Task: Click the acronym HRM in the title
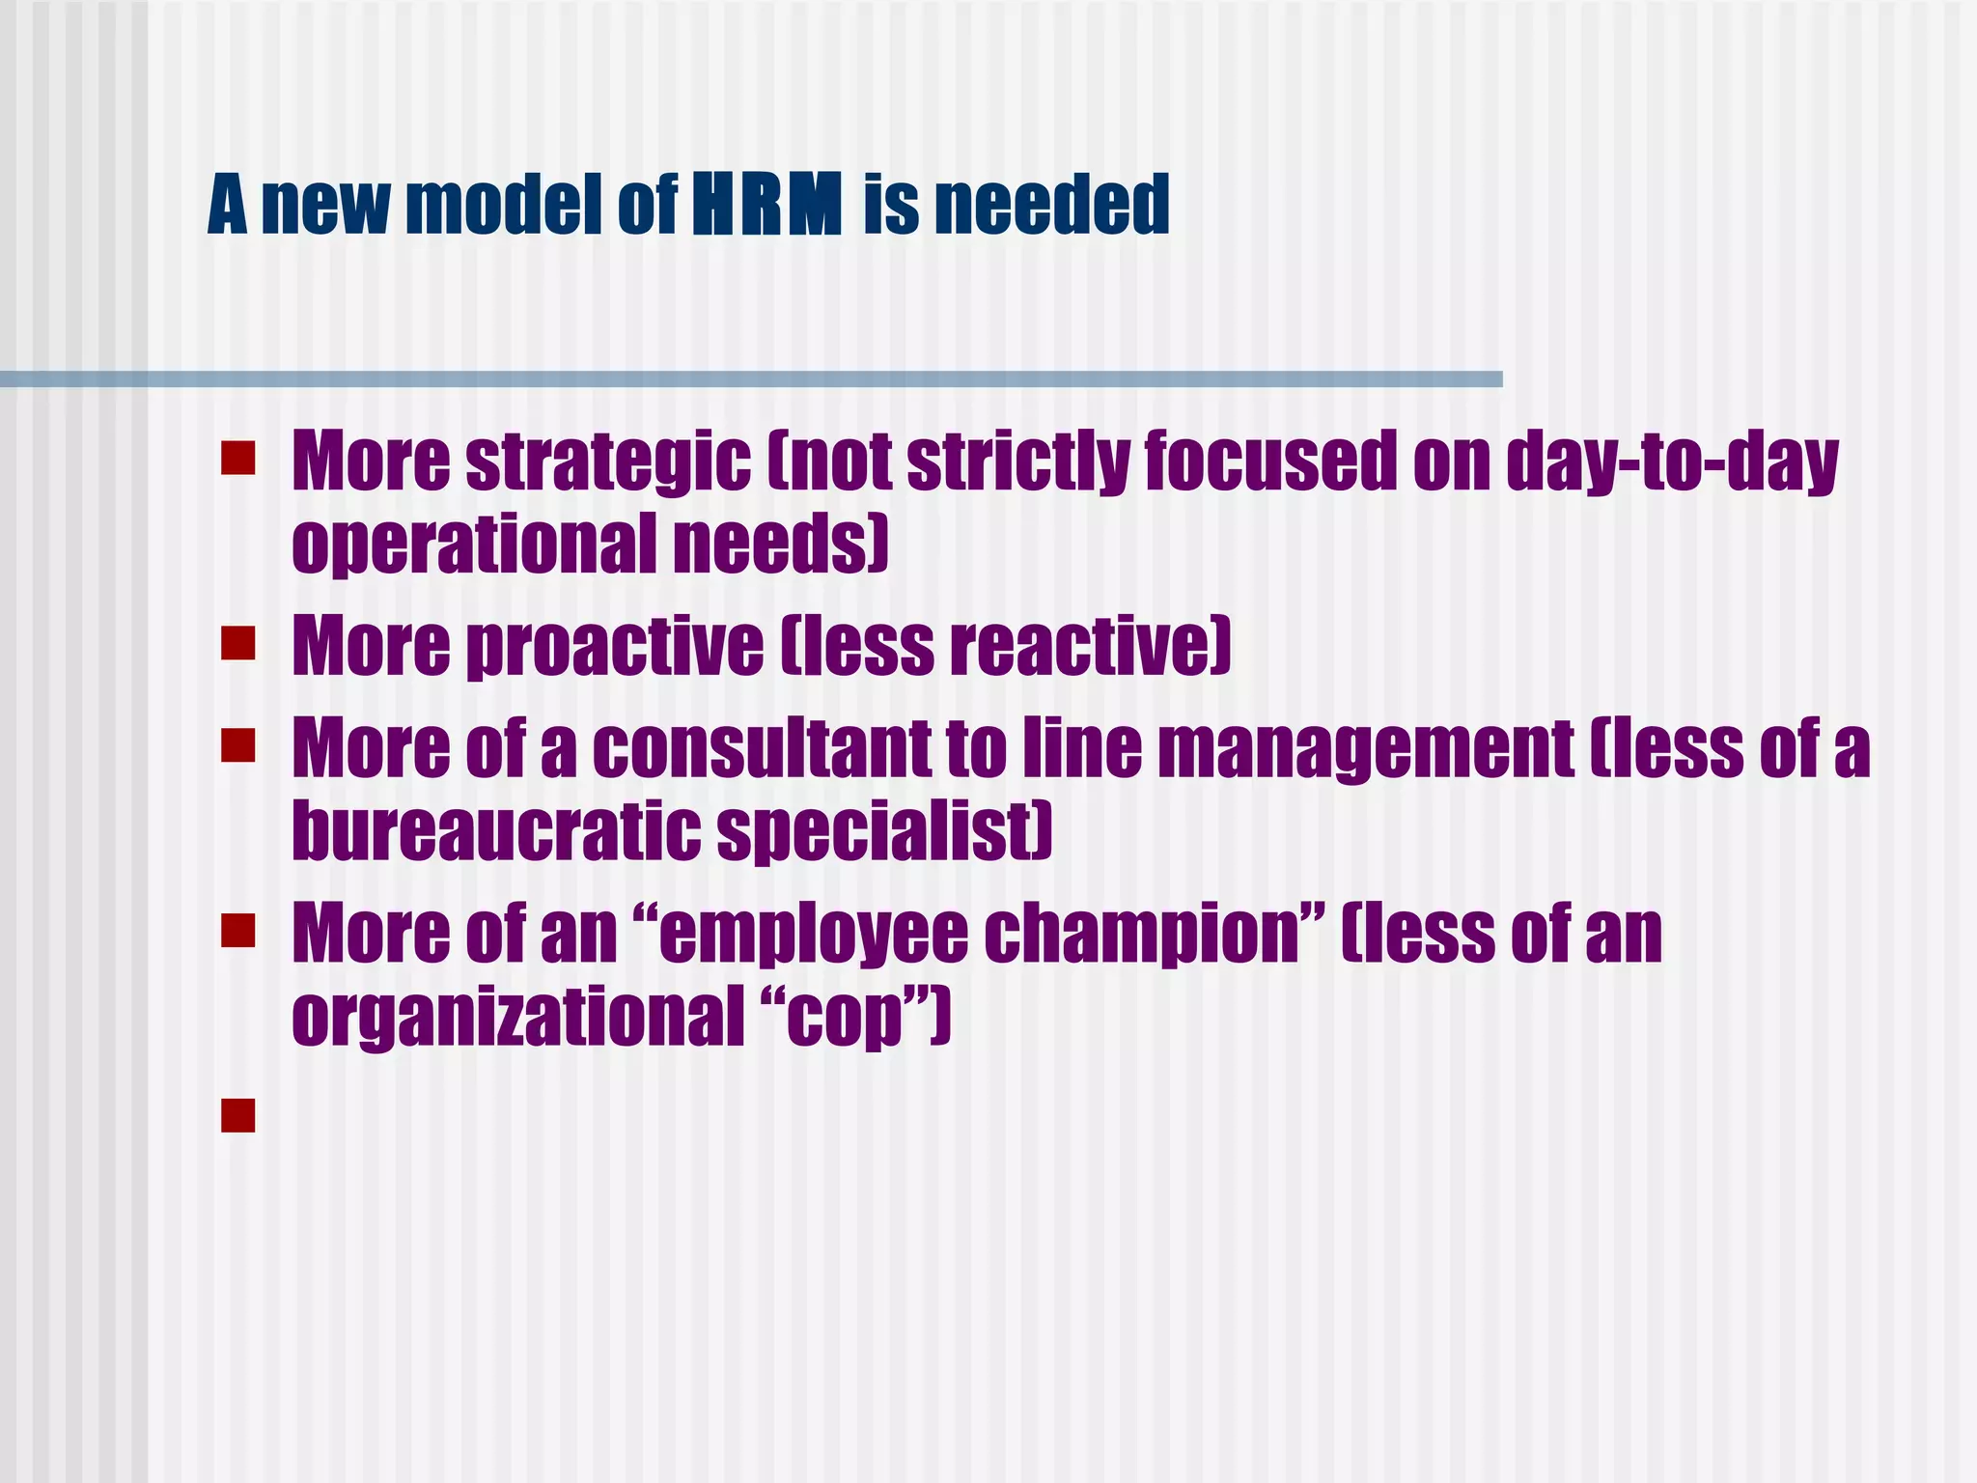tap(767, 205)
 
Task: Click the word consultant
tap(761, 749)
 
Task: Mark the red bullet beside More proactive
tap(237, 643)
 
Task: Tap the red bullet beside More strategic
tap(237, 459)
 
